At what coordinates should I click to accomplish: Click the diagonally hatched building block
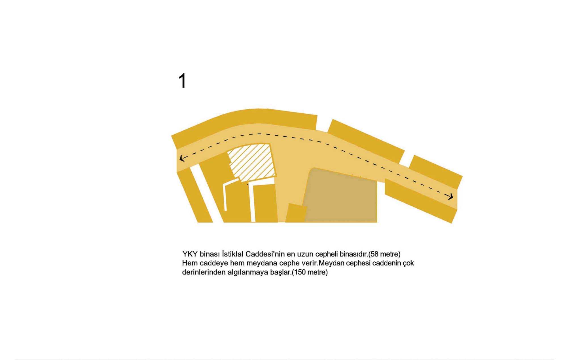click(x=252, y=162)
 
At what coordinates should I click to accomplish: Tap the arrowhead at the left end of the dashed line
click(x=182, y=158)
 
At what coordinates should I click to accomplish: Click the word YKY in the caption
click(x=190, y=254)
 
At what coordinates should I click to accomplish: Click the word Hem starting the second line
click(x=190, y=263)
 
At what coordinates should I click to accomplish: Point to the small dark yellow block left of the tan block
click(x=296, y=213)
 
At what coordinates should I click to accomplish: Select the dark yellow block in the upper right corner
click(x=435, y=171)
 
